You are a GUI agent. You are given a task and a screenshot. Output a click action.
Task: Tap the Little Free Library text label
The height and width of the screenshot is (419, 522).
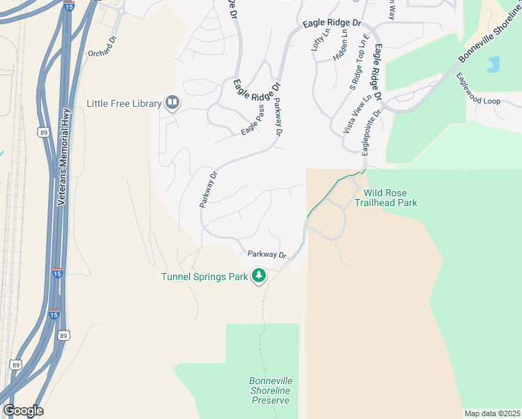(x=124, y=104)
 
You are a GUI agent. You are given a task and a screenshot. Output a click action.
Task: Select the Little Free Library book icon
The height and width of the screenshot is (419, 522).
(x=172, y=103)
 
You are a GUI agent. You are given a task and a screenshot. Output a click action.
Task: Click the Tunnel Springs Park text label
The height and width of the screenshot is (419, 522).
(x=204, y=277)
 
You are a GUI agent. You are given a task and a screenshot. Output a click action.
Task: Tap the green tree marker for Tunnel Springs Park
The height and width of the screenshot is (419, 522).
(x=259, y=276)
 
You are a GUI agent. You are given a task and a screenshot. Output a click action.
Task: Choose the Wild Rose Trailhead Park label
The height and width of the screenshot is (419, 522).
(x=389, y=198)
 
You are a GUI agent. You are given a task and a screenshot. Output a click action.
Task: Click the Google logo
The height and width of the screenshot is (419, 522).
(x=23, y=410)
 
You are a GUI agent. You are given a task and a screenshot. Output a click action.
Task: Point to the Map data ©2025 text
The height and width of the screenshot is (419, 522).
(x=491, y=413)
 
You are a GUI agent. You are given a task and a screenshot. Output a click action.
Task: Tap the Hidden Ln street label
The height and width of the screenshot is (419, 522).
(x=340, y=47)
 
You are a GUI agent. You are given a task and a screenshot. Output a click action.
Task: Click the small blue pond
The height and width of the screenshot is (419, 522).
(x=494, y=64)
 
